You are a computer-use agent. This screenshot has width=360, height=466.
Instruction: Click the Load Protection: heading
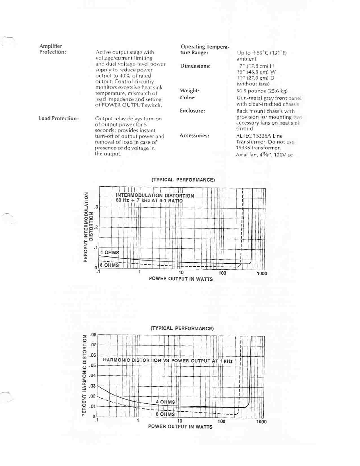click(59, 118)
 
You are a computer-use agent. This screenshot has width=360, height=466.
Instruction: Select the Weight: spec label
click(190, 91)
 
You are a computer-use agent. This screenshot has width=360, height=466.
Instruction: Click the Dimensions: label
click(195, 66)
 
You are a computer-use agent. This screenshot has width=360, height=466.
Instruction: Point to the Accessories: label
click(194, 136)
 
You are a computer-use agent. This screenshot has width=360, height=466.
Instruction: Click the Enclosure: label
click(192, 111)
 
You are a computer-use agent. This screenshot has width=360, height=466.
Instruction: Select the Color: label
click(188, 98)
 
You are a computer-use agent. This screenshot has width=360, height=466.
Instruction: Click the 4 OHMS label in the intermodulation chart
click(110, 253)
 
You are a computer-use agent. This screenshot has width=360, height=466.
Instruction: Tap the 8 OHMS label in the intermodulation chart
click(109, 265)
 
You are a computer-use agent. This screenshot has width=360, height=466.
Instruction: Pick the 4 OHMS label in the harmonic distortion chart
click(165, 402)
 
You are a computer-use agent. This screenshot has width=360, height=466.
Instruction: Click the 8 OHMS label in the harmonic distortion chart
click(165, 414)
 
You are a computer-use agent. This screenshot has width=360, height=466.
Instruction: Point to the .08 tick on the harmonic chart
click(93, 335)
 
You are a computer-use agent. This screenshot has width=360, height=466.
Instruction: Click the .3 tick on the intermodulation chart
click(96, 207)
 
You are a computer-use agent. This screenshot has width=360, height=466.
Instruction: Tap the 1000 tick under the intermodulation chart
click(262, 273)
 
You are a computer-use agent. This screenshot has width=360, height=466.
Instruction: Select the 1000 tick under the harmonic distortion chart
click(261, 422)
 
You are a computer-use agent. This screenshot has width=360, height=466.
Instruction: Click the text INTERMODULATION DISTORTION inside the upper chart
click(155, 196)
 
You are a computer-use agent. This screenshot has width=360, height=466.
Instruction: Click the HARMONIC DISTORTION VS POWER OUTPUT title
click(168, 360)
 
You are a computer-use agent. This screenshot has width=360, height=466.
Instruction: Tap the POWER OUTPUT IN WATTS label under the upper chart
click(181, 279)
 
